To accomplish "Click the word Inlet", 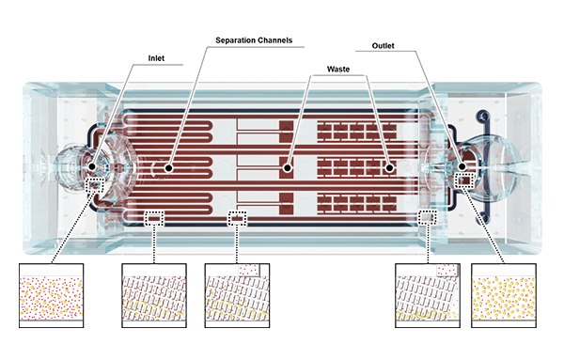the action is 156,58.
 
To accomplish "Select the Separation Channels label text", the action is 254,40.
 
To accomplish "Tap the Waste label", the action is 338,69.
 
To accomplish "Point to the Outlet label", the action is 383,46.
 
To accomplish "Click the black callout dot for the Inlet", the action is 92,166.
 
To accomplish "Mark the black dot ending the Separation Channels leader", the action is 168,167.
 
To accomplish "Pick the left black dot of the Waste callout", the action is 287,167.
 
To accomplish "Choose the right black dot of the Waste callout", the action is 389,167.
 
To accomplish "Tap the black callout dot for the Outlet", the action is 462,166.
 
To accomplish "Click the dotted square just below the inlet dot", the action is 96,185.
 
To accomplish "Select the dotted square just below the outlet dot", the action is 464,180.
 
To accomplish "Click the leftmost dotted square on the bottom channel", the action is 154,218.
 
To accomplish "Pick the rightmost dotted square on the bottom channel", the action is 428,217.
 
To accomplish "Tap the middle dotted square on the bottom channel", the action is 237,218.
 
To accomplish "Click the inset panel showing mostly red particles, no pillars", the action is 51,295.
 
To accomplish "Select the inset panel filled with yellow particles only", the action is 504,295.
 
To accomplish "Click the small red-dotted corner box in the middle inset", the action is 248,270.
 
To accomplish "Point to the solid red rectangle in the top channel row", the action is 287,131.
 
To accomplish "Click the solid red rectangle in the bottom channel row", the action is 287,201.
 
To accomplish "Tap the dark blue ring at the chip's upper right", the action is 483,116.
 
